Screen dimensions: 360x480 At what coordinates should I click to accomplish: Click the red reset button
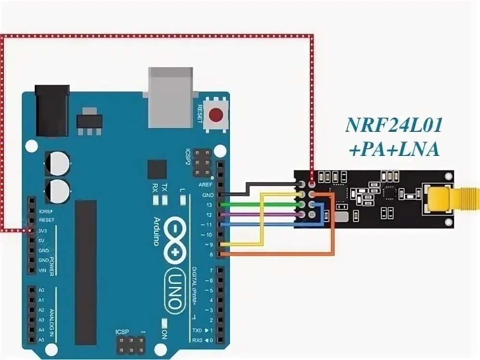coord(216,115)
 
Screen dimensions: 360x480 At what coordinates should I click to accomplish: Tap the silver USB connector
coord(170,96)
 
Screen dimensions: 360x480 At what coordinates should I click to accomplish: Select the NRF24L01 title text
coord(393,127)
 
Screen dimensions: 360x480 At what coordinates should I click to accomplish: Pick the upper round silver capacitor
coord(57,163)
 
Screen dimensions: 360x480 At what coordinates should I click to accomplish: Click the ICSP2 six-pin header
coord(202,164)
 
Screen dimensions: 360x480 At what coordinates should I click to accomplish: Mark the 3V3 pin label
coord(43,231)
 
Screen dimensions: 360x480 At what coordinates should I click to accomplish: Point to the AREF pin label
coord(205,185)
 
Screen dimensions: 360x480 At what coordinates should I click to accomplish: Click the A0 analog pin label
coord(41,290)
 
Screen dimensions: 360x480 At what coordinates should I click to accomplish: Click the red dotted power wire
coord(159,36)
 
